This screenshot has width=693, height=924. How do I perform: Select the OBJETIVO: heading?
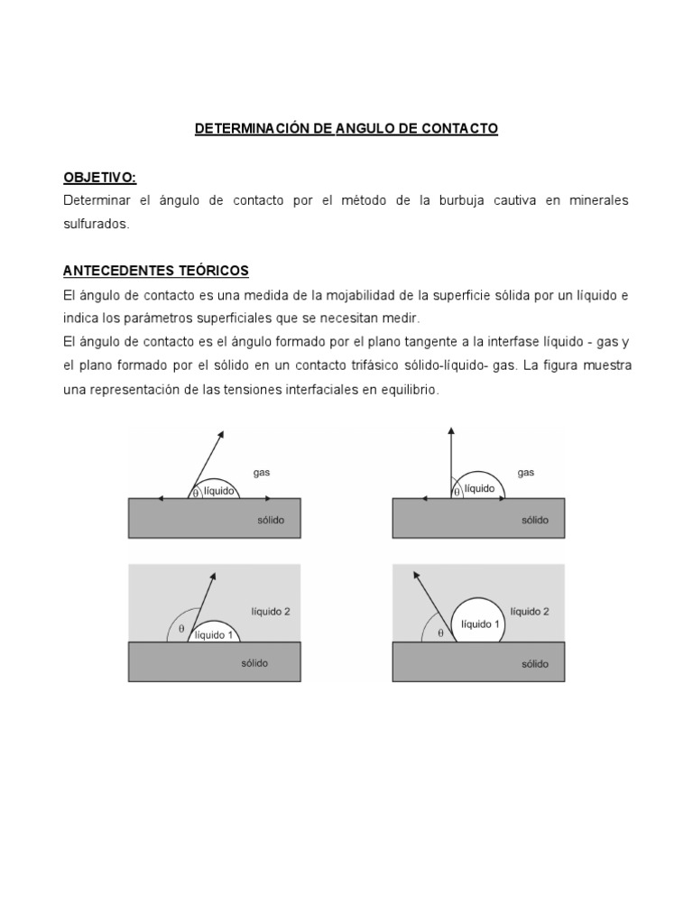point(99,177)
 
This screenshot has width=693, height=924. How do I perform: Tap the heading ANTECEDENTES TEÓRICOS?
point(155,271)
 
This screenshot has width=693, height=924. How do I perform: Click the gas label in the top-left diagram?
point(262,471)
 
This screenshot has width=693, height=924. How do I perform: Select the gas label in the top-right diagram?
point(526,471)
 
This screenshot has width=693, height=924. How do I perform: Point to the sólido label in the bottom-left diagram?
point(254,663)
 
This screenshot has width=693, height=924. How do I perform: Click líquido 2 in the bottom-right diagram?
point(530,611)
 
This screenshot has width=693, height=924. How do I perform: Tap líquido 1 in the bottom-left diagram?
point(216,635)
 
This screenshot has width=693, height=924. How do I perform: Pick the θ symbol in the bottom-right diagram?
point(440,633)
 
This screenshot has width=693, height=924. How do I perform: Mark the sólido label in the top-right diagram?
point(534,521)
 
